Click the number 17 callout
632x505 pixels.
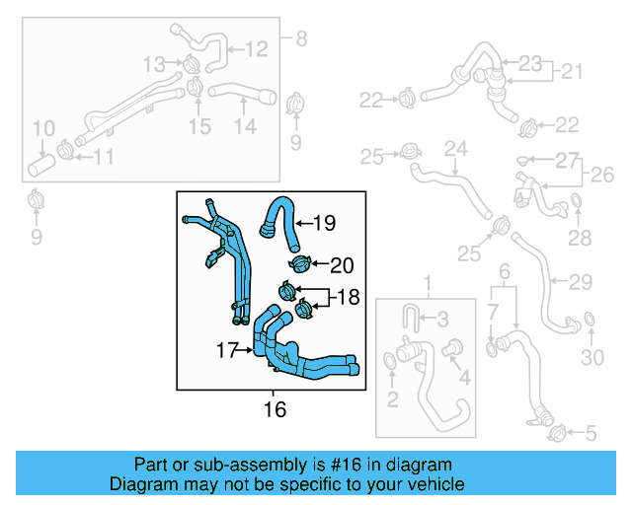[x=227, y=349]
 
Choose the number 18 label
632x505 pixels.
[x=347, y=297]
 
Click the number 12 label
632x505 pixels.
[x=256, y=46]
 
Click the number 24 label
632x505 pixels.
[x=453, y=150]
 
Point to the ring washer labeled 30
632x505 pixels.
[x=588, y=320]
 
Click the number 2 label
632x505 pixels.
[x=392, y=398]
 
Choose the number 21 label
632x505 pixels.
[x=573, y=72]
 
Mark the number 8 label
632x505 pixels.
[x=300, y=38]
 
